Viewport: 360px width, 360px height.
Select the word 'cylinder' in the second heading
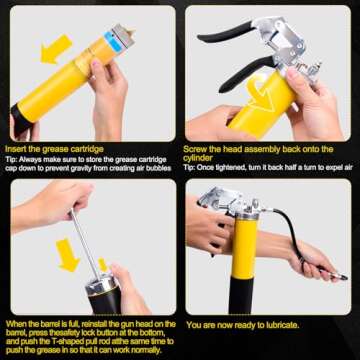tap(203, 155)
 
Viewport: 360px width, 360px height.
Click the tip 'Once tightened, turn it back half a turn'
tap(264, 167)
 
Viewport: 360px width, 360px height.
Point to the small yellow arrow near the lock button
tap(102, 265)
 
